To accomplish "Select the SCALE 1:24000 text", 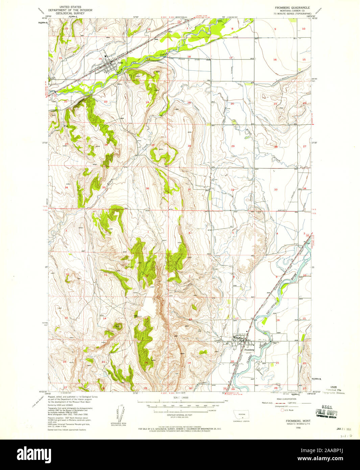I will (x=180, y=398).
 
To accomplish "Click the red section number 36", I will (x=147, y=188).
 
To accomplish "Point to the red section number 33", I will (x=276, y=189).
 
